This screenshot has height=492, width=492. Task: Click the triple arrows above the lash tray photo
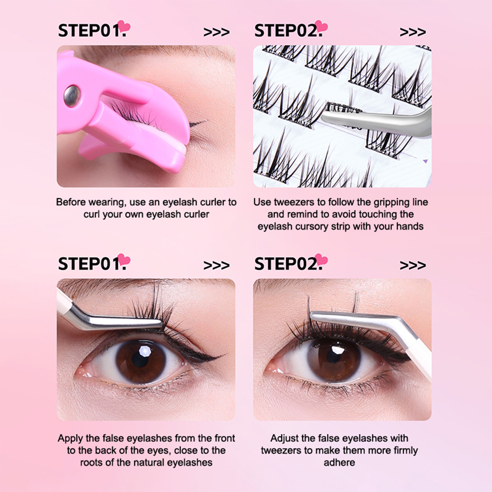click(x=413, y=32)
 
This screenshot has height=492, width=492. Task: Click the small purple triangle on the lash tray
click(x=426, y=161)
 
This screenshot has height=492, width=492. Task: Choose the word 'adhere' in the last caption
click(x=339, y=462)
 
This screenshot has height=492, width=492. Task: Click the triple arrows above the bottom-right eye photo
click(x=413, y=265)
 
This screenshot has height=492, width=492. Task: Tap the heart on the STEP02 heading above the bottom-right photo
click(x=321, y=260)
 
